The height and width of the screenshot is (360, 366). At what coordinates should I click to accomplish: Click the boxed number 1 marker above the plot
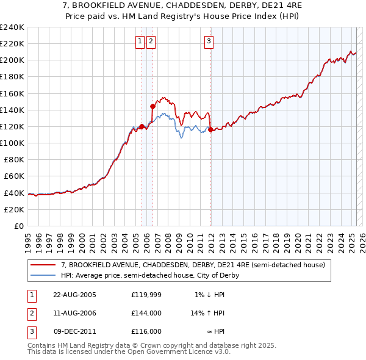[x=140, y=41]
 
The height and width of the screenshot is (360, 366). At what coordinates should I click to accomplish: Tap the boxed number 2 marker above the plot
[x=151, y=41]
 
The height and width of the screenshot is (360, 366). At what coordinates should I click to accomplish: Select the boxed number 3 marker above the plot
[x=209, y=41]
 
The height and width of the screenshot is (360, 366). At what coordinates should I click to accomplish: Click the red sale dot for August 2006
[x=152, y=106]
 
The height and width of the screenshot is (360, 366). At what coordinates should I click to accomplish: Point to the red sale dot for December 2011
[x=210, y=129]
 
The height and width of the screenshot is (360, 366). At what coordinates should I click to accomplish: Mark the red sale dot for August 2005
[x=142, y=126]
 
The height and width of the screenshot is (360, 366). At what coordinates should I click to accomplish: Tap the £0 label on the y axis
[x=18, y=226]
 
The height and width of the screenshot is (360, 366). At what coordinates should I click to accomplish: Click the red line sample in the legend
[x=43, y=265]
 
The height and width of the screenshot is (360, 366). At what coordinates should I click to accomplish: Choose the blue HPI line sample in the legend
[x=43, y=275]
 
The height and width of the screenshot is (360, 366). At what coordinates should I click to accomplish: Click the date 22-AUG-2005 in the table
[x=74, y=295]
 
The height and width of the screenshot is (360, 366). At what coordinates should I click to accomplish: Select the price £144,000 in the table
[x=146, y=313]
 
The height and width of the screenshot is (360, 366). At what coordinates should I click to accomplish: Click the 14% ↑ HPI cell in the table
[x=207, y=313]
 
